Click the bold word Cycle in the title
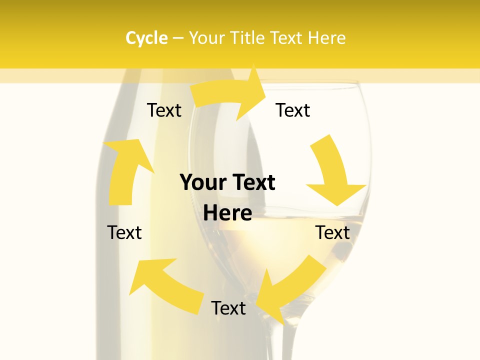coord(146,38)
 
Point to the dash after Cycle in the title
coord(178,38)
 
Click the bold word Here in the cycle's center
coord(227,213)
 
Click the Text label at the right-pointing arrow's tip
coord(293,110)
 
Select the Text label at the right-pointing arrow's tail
coord(164,110)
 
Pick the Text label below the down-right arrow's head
coord(332,232)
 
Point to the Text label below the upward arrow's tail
coord(124,232)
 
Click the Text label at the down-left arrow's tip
coord(228,308)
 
